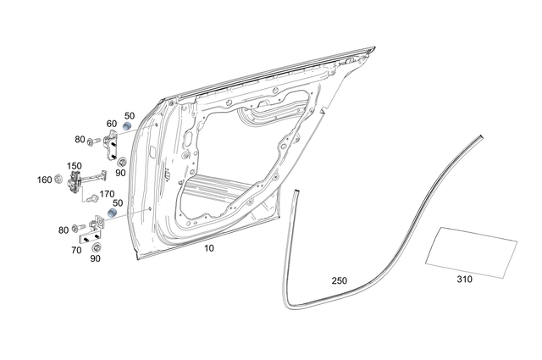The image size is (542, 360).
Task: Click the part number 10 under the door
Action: coord(209,249)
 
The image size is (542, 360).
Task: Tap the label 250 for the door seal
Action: coord(339,280)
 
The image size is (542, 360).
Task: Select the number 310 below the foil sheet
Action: coord(464,279)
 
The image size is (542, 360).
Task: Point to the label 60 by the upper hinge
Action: coord(111,124)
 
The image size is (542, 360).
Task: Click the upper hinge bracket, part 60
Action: coord(112,145)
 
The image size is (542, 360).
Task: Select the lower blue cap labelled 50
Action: coord(113,212)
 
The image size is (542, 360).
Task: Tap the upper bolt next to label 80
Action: coord(93,140)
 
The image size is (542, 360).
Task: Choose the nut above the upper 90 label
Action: coord(121,161)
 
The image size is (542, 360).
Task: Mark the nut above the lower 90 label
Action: coord(96,246)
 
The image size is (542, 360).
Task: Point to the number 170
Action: coord(107,194)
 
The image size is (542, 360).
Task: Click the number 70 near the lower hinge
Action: coord(76,252)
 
